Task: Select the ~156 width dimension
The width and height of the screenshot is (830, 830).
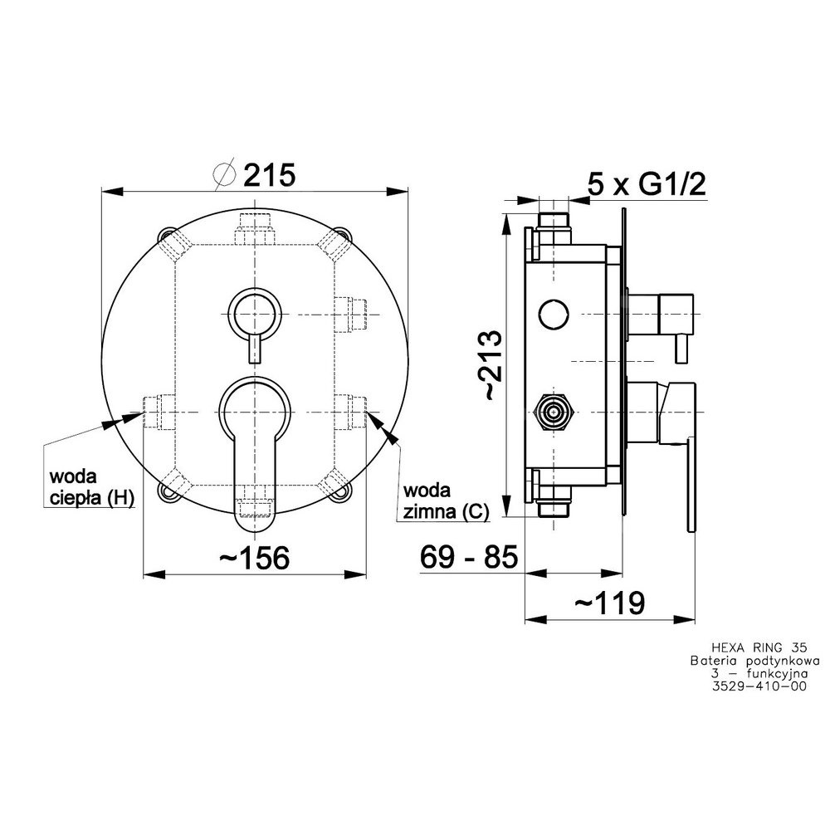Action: pos(255,558)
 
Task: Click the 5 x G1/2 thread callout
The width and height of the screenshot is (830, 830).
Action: pos(647,185)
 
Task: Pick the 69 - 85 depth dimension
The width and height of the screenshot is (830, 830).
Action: pos(468,557)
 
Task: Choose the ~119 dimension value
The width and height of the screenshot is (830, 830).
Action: pos(609,603)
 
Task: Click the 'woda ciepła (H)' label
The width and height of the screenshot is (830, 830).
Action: pos(91,487)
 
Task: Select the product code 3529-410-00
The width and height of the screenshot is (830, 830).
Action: pos(760,686)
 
